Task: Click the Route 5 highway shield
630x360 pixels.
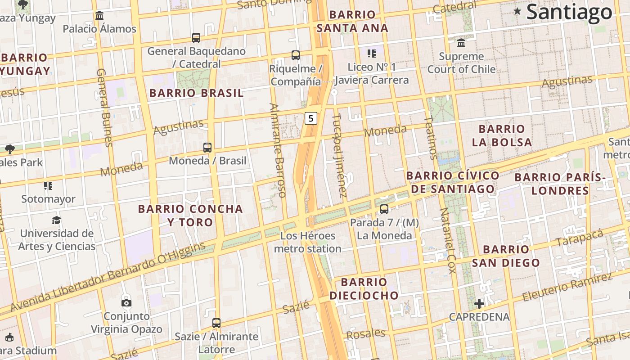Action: coord(310,118)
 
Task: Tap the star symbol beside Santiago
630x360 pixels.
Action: coord(517,11)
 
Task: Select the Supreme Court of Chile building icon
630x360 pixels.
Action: coord(461,43)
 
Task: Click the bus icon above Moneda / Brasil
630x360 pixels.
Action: coord(207,147)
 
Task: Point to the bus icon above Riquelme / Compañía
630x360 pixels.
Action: coord(296,55)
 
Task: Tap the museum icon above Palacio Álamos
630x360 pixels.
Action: coord(99,16)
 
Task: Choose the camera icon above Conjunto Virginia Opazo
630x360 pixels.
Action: coord(126,303)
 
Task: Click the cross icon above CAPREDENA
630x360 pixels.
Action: coord(479,304)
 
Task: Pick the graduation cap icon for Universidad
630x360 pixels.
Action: coord(56,220)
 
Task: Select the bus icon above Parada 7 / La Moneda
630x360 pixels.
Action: coord(384,209)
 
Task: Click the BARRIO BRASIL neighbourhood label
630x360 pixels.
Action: coord(196,93)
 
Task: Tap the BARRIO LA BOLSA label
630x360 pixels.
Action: coord(502,135)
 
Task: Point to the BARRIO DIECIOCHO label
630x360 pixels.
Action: coord(364,288)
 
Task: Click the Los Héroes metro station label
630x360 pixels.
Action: coord(308,242)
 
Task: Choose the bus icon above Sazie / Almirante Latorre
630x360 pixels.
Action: coord(216,323)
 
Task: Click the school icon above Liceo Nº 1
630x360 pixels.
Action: coord(371,54)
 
